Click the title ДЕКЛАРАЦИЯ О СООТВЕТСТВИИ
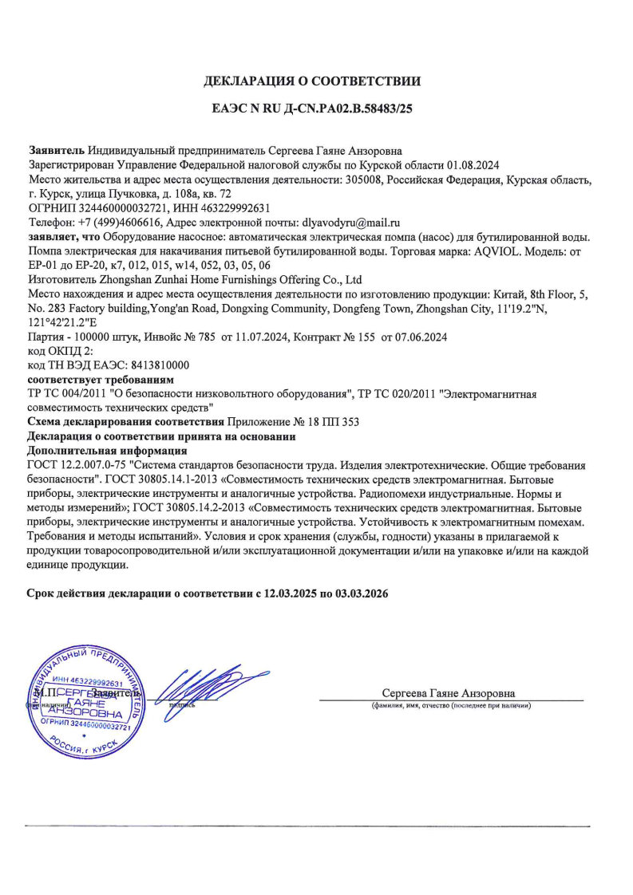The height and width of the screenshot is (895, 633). pyautogui.click(x=312, y=81)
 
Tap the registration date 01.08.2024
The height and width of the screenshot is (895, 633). pyautogui.click(x=472, y=165)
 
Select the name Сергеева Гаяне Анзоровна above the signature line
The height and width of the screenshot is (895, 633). pyautogui.click(x=449, y=693)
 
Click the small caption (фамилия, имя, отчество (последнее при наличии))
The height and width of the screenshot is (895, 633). pyautogui.click(x=450, y=706)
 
